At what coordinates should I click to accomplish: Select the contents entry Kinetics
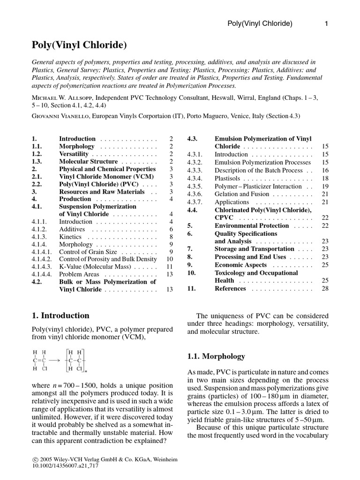click(x=71, y=237)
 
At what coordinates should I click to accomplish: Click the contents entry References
click(x=230, y=288)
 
